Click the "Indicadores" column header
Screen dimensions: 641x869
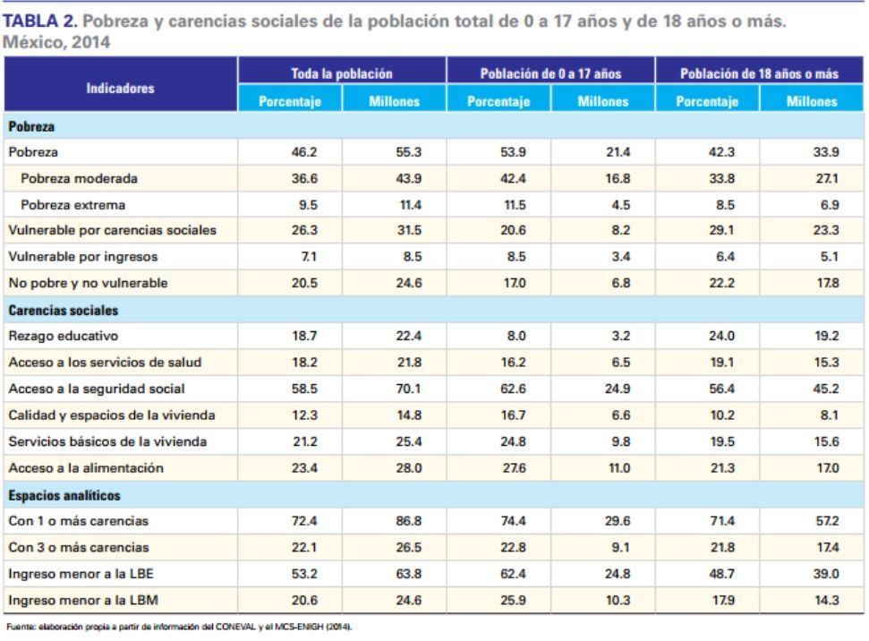pyautogui.click(x=121, y=88)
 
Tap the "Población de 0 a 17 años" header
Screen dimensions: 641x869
pyautogui.click(x=550, y=73)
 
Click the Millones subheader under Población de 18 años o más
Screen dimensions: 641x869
pyautogui.click(x=812, y=101)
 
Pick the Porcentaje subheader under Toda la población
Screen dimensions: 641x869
pyautogui.click(x=290, y=101)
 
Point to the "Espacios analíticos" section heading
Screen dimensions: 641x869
pyautogui.click(x=65, y=495)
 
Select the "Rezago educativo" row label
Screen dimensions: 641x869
pyautogui.click(x=64, y=337)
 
